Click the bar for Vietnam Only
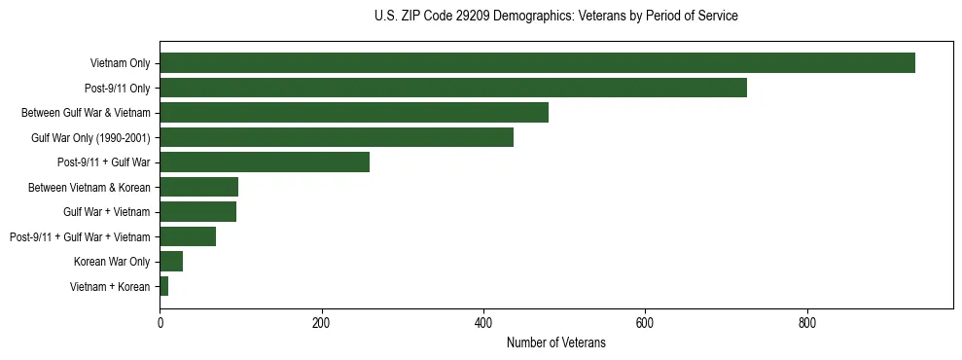[537, 63]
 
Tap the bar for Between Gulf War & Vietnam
[354, 113]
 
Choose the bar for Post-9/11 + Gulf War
[265, 162]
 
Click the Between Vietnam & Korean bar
[199, 187]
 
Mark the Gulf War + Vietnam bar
[198, 212]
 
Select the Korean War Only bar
[171, 262]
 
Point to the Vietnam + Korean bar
[164, 286]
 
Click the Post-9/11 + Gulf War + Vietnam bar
[188, 236]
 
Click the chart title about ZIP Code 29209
[555, 17]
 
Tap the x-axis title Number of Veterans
[555, 342]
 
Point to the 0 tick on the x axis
[160, 323]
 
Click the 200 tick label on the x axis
[322, 323]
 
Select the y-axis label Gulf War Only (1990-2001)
[90, 137]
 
